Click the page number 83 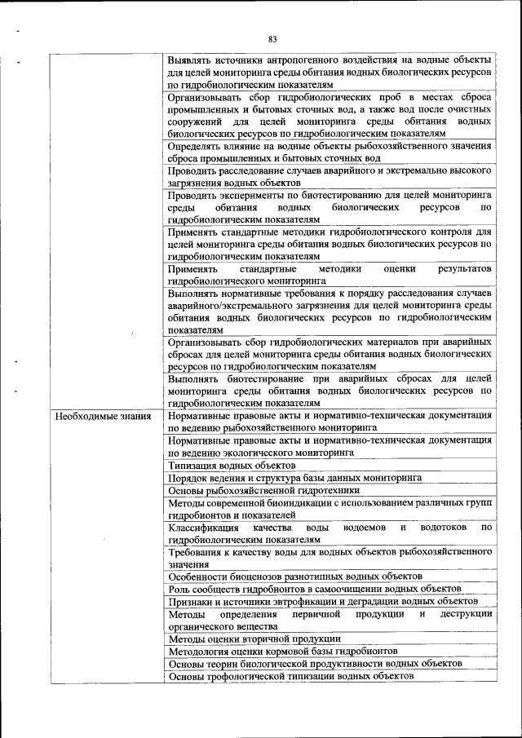(x=272, y=38)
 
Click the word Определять (x=197, y=146)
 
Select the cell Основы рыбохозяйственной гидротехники (x=263, y=491)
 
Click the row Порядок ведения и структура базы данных (x=294, y=478)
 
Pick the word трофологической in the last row (x=249, y=677)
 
